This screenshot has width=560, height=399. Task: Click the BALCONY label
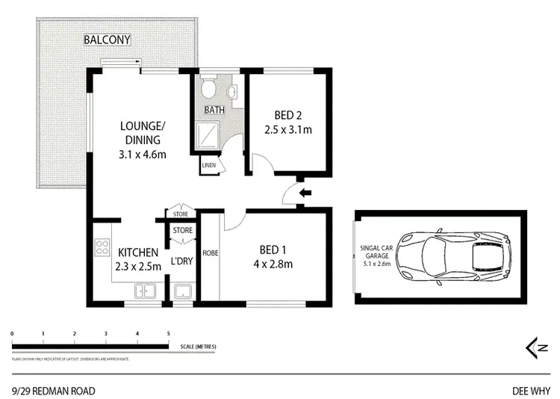coord(107,39)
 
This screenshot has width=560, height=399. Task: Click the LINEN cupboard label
coord(209,165)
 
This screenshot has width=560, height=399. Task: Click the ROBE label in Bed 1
coord(210,253)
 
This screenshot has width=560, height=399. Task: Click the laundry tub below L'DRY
coord(182,293)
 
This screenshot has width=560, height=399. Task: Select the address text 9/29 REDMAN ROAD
coord(53,390)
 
